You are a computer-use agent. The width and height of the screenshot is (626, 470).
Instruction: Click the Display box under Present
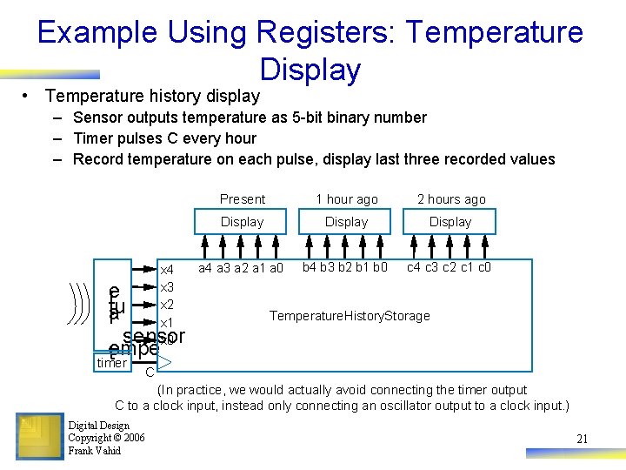click(242, 222)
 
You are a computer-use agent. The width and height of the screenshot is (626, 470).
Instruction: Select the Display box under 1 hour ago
click(346, 222)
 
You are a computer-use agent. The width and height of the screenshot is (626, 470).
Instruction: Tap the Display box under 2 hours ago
click(450, 222)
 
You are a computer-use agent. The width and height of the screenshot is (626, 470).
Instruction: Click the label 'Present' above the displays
click(242, 199)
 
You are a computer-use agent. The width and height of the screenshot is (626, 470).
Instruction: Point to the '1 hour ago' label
click(346, 199)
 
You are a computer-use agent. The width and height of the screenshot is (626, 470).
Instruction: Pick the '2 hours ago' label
click(450, 199)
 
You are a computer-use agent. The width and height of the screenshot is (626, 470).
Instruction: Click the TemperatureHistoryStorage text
click(350, 316)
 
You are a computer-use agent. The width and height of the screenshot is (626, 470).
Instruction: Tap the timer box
click(111, 363)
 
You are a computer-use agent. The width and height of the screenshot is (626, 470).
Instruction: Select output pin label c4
click(415, 267)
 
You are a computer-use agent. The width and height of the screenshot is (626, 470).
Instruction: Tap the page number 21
click(582, 440)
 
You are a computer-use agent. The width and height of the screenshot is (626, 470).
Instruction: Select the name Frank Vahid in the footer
click(94, 451)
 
